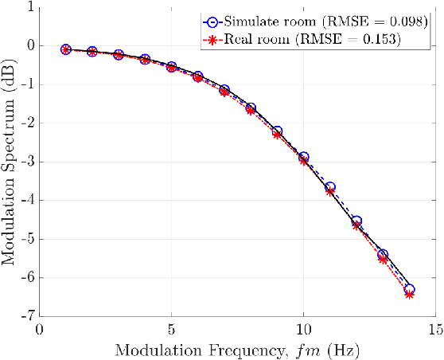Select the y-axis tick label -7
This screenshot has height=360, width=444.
(26, 316)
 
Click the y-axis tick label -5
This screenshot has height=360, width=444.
(26, 239)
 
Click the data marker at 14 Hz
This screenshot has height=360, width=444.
(409, 292)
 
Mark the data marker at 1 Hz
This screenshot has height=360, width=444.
(66, 49)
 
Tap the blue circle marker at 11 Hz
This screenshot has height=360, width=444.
(330, 187)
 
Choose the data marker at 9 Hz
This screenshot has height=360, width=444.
(277, 133)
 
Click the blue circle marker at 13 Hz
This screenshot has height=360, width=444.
(383, 254)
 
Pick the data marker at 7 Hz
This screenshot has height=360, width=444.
(224, 91)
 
